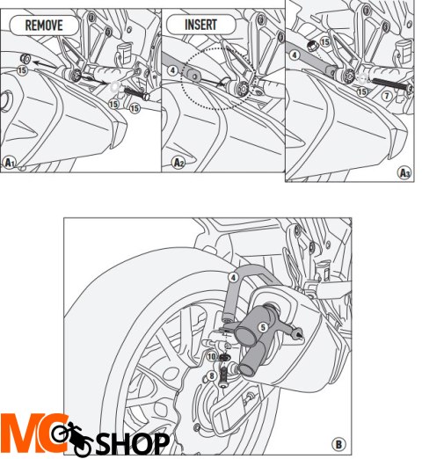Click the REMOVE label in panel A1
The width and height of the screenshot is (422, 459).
(x=44, y=25)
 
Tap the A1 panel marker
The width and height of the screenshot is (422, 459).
(x=11, y=162)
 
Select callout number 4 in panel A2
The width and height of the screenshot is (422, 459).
(x=173, y=70)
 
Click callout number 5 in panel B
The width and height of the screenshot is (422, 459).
(x=262, y=325)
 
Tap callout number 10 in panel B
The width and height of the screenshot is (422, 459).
(x=212, y=356)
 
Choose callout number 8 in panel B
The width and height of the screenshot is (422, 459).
(x=211, y=376)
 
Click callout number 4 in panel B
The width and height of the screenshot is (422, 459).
(x=234, y=276)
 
